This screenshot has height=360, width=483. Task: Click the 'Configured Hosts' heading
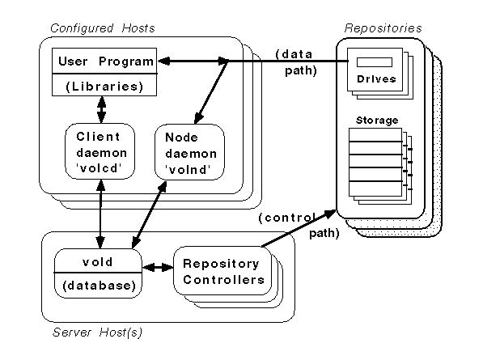pos(103,28)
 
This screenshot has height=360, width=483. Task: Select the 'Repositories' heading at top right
pos(383,28)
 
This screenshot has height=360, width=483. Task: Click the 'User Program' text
pos(104,61)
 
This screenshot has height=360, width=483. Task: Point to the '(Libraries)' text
pos(104,85)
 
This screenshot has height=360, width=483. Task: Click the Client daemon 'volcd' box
pos(98,152)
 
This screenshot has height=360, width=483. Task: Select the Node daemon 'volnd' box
pos(187,152)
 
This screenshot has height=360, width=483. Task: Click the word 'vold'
pos(98,263)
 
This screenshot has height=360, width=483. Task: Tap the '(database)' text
pos(98,285)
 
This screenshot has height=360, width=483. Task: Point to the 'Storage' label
pos(376,121)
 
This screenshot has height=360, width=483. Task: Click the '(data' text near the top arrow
pos(290,53)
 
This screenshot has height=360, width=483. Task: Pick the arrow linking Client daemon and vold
pos(99,214)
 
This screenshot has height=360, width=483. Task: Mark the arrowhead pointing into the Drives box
pos(341,61)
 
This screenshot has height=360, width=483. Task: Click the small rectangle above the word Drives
pos(374,62)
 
